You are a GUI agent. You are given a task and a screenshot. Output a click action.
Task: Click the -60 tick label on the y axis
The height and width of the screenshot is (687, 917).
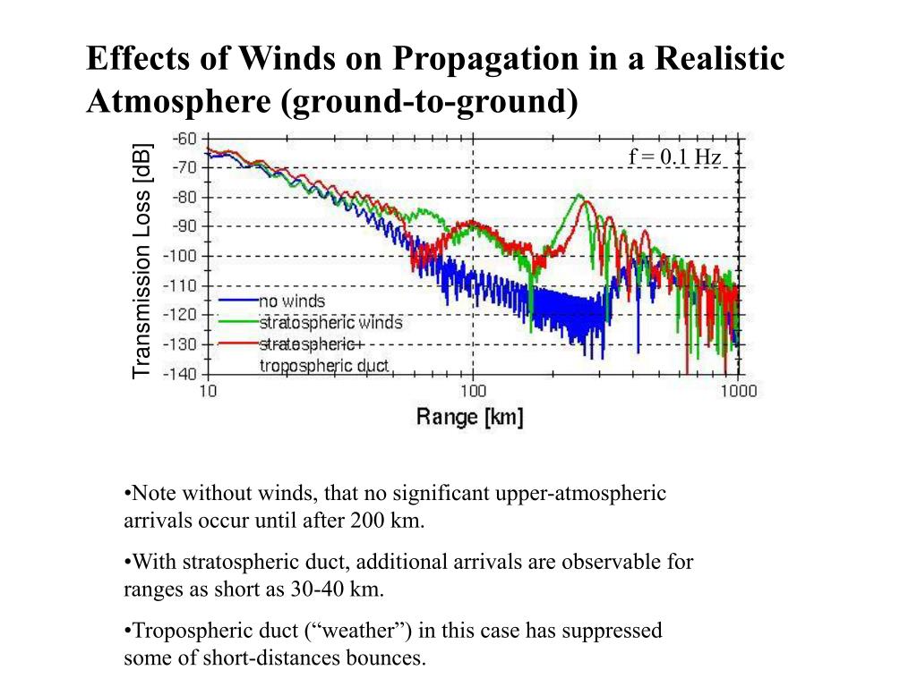click(x=184, y=139)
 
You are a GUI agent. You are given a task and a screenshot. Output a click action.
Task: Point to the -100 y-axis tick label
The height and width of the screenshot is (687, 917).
click(x=180, y=256)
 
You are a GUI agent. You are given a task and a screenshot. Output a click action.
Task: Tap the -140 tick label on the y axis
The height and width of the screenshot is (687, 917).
click(x=180, y=373)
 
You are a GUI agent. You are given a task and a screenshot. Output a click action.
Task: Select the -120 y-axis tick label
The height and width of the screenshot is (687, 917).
click(x=180, y=315)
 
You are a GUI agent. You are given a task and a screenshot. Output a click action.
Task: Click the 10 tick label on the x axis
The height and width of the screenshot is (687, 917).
click(x=207, y=391)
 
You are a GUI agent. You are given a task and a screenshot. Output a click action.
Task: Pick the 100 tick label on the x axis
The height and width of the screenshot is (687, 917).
click(x=473, y=391)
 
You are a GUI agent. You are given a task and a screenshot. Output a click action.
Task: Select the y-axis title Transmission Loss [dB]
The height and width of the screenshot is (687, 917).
click(x=142, y=259)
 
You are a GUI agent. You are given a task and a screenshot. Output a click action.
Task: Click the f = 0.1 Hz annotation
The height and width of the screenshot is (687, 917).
click(x=674, y=157)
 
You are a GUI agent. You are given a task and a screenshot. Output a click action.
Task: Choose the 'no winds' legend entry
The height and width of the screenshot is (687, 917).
click(x=292, y=301)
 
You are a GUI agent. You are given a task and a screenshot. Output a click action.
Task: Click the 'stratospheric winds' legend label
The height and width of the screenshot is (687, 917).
click(x=330, y=322)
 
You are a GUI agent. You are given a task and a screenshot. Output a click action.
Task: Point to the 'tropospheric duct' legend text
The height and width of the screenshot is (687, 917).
click(x=324, y=365)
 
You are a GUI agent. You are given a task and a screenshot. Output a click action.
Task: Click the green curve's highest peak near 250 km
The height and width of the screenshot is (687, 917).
click(x=579, y=195)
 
